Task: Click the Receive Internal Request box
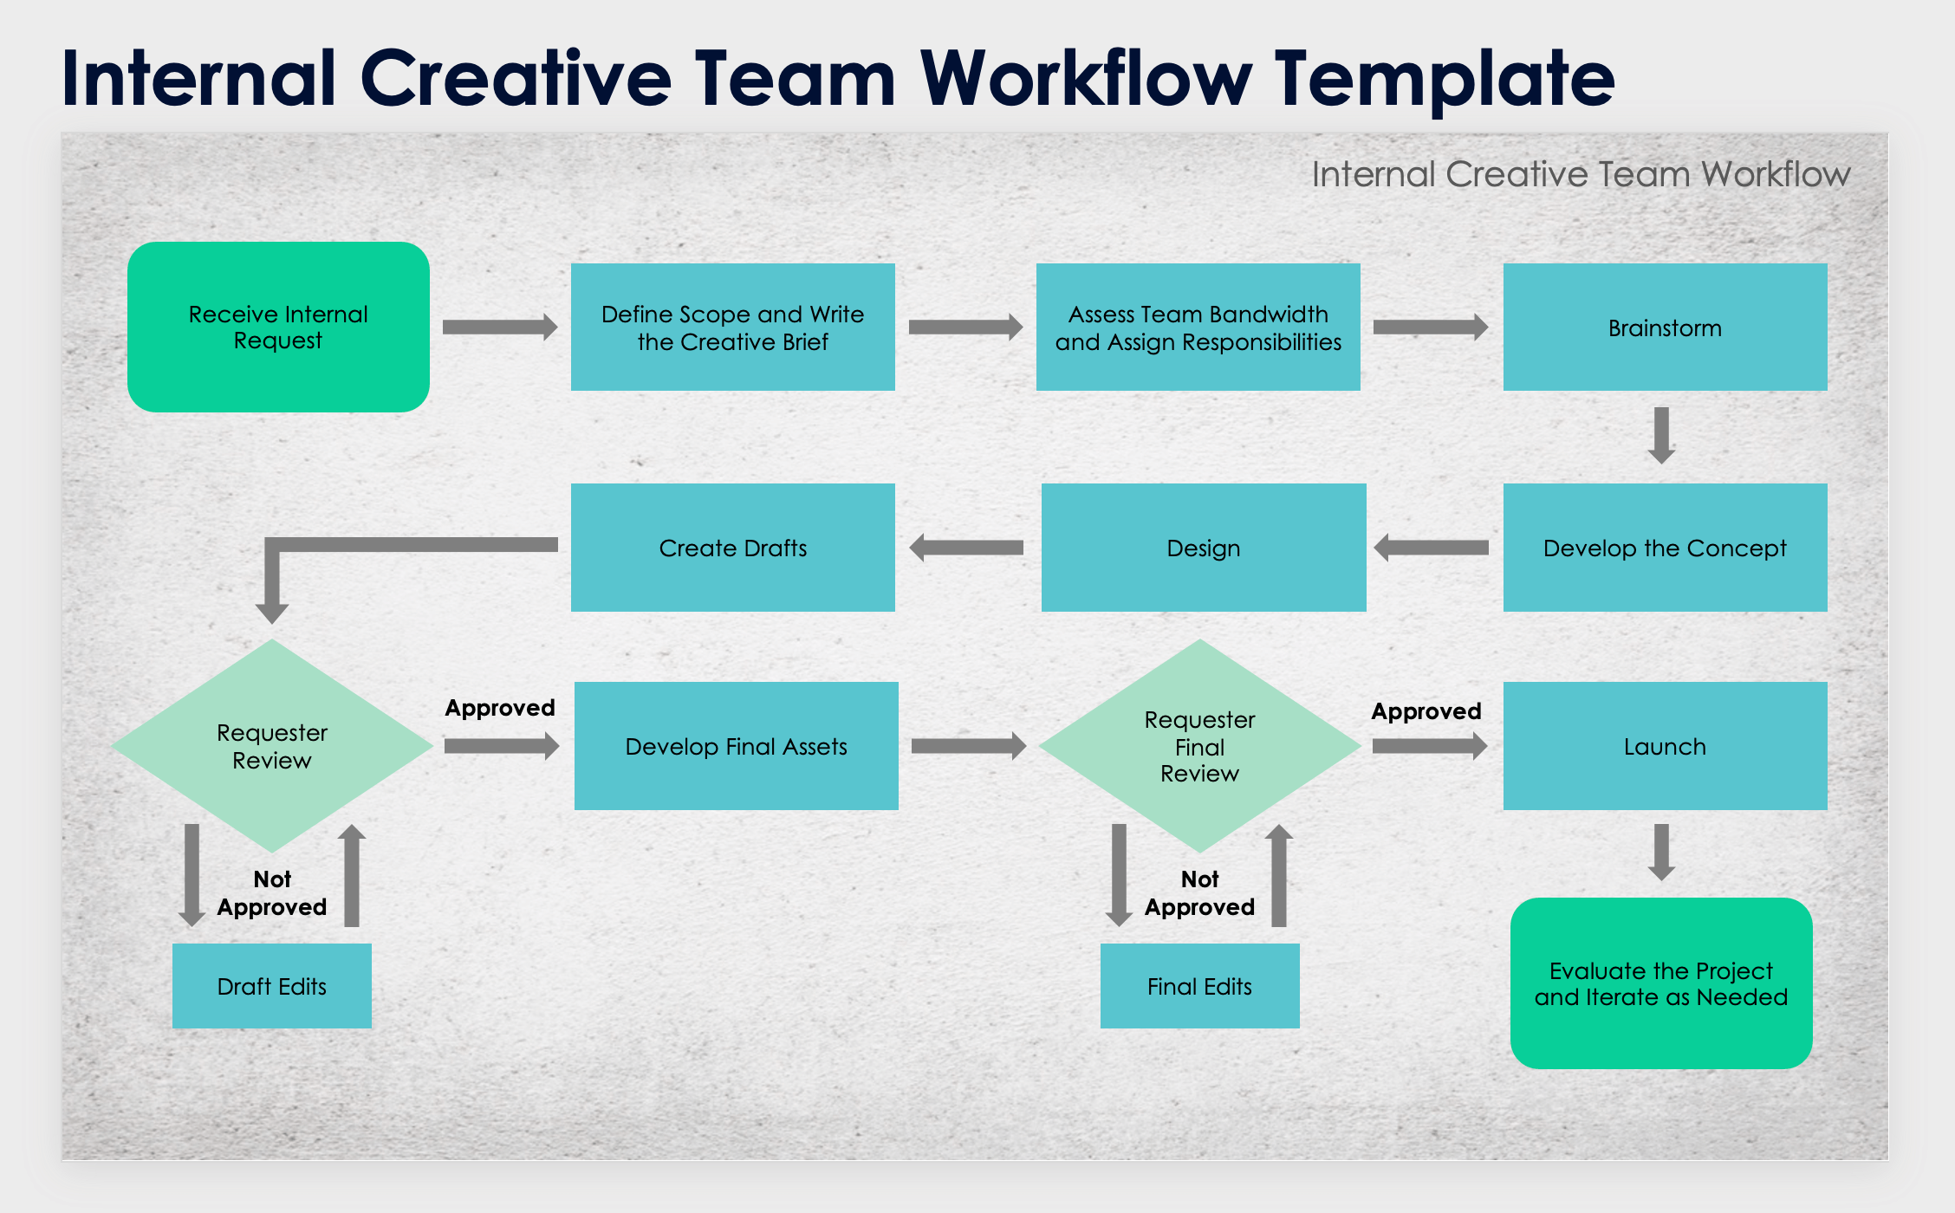tap(278, 327)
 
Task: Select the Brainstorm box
tap(1665, 327)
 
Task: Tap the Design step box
tap(1203, 548)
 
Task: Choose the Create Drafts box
tap(732, 548)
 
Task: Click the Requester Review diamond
tap(272, 746)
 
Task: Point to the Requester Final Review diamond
tap(1199, 746)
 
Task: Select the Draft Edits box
tap(271, 986)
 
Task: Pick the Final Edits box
tap(1199, 986)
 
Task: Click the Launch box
tap(1665, 746)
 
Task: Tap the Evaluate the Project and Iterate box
tap(1660, 983)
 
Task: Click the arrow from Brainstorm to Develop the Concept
tap(1661, 435)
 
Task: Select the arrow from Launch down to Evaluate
tap(1661, 852)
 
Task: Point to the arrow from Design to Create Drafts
tap(966, 548)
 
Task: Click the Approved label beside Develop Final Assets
tap(500, 708)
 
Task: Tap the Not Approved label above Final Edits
tap(1199, 893)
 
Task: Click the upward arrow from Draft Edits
tap(351, 875)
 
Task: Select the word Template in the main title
tap(1445, 80)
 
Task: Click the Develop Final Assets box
tap(736, 746)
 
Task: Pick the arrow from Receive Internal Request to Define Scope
tap(500, 327)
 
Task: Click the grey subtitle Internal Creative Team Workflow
tap(1581, 174)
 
